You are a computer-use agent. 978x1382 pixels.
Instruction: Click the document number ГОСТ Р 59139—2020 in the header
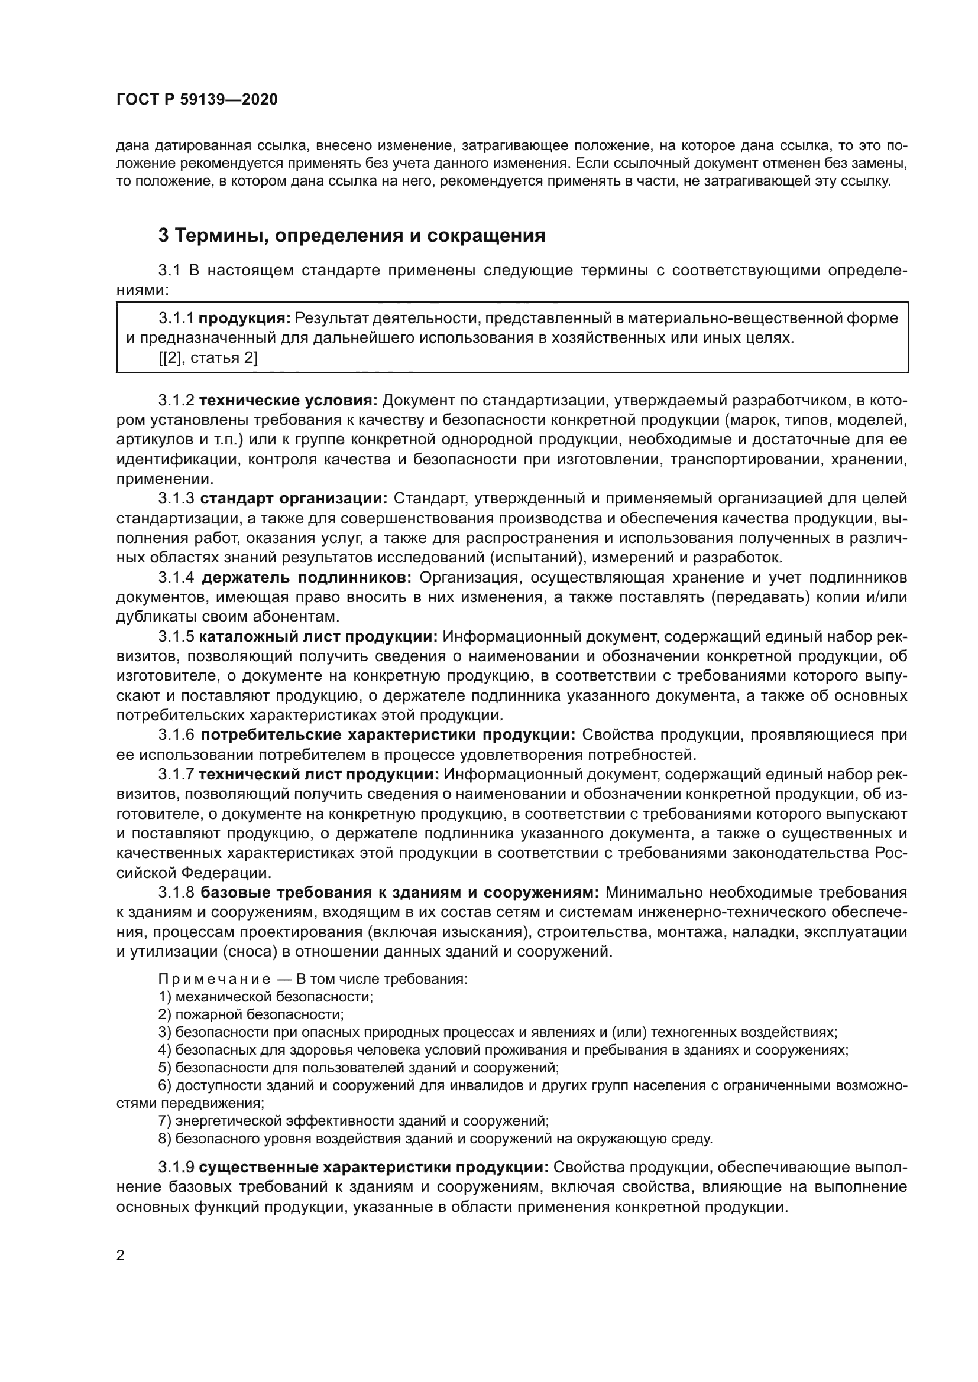click(x=197, y=100)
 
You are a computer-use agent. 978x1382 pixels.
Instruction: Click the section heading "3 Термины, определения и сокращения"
click(x=352, y=235)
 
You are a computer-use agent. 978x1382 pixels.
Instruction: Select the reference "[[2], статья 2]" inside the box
click(x=208, y=358)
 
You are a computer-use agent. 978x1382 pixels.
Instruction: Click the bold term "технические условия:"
click(x=288, y=400)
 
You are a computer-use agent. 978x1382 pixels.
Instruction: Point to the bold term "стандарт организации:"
click(x=294, y=499)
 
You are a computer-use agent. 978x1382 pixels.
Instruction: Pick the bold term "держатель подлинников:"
click(x=306, y=578)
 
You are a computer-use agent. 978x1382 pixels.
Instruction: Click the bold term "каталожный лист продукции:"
click(x=318, y=637)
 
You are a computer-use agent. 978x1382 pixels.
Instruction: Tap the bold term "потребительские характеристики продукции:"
click(x=388, y=735)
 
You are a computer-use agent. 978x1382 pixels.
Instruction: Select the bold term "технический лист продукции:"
click(x=319, y=775)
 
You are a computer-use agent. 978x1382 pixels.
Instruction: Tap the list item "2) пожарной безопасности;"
click(x=251, y=1014)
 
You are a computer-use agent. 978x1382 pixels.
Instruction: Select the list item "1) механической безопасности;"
click(x=265, y=997)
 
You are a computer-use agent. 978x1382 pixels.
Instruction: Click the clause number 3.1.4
click(x=176, y=578)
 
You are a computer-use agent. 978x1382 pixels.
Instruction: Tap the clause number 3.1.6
click(x=176, y=735)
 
